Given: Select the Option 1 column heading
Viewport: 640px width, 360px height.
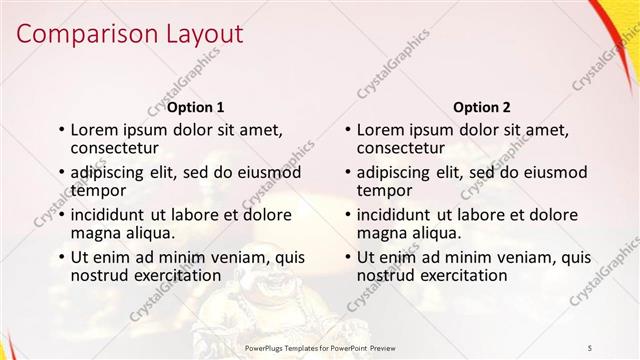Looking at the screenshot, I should (195, 106).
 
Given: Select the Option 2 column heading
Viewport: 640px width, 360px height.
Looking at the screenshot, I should (481, 106).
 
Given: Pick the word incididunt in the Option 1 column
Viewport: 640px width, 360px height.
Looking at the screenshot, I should (110, 214).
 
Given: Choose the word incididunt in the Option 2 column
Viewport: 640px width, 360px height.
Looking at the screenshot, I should (397, 214).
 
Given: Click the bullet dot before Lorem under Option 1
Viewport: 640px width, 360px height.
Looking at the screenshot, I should (61, 130).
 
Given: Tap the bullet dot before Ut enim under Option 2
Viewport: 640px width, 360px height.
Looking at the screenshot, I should (348, 257).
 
